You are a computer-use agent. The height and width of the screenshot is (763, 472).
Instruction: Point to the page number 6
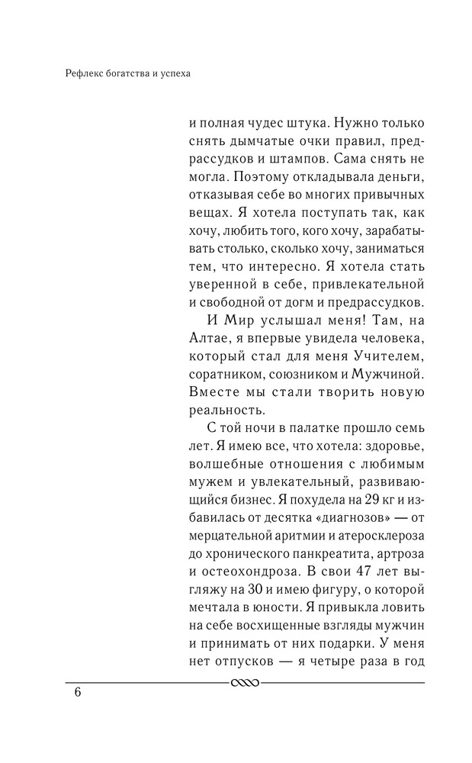coord(77,693)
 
